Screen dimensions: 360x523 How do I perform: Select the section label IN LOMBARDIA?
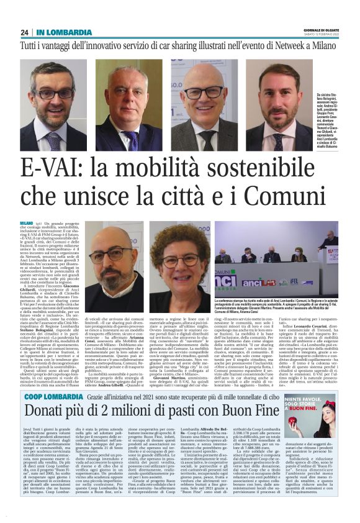(x=65, y=32)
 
